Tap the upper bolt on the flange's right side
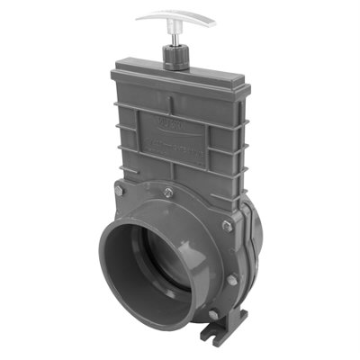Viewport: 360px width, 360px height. [x=226, y=226]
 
